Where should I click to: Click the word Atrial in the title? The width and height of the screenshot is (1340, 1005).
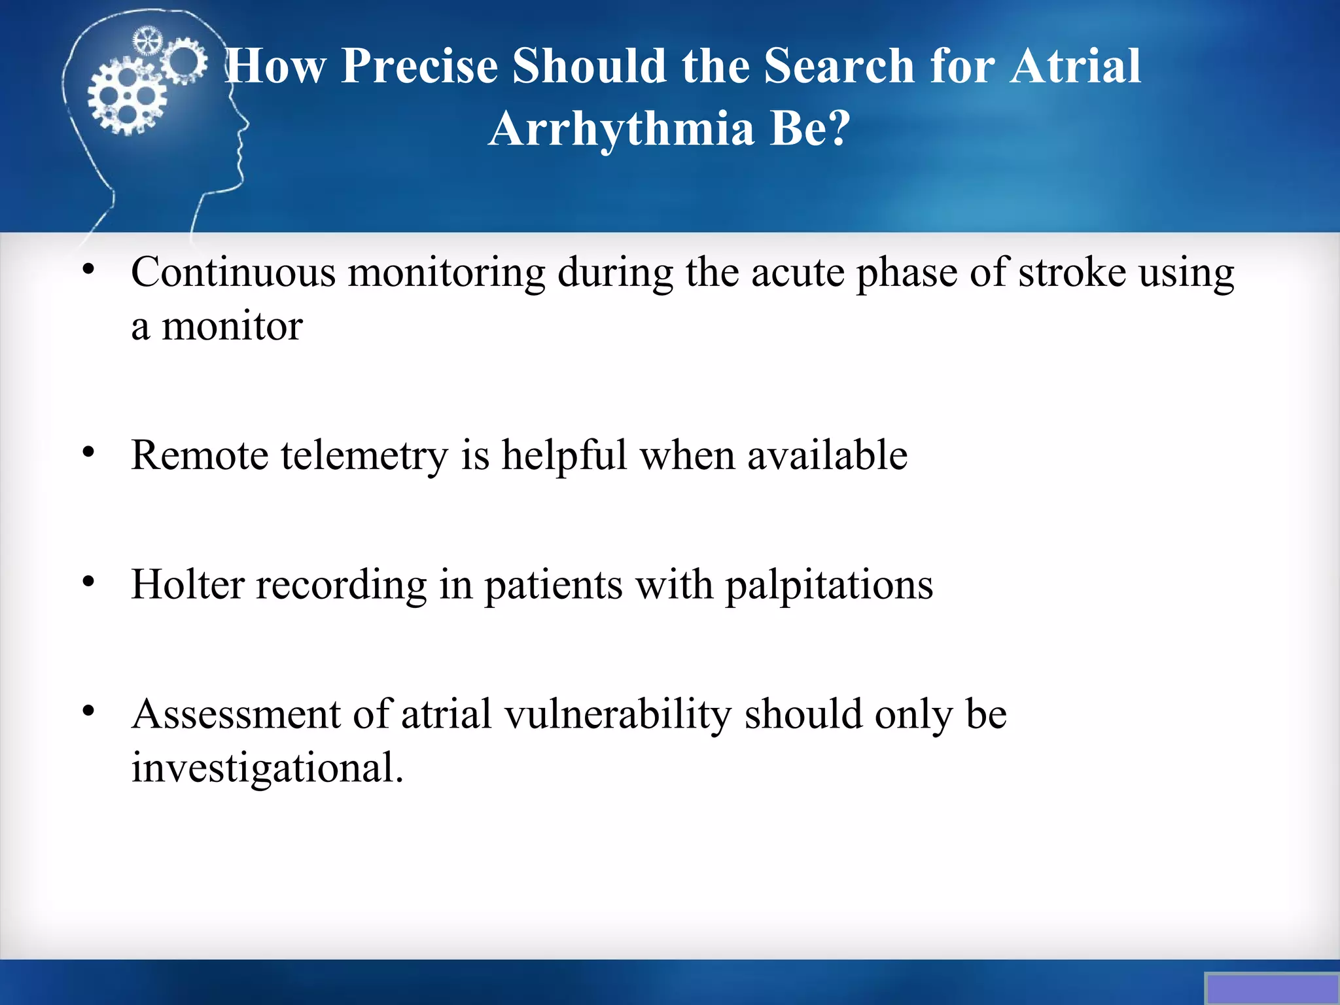pos(1074,66)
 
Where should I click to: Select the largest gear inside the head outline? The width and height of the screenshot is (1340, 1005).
pos(126,96)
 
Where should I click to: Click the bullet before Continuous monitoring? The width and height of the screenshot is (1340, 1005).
pos(89,270)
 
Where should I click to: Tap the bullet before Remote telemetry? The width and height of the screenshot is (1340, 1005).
pos(89,452)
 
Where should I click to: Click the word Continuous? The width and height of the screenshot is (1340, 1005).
pos(233,272)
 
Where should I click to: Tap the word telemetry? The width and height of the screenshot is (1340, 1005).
pos(364,455)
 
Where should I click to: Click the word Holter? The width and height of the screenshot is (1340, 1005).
pos(188,584)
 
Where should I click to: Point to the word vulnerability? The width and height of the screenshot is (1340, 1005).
pos(618,714)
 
